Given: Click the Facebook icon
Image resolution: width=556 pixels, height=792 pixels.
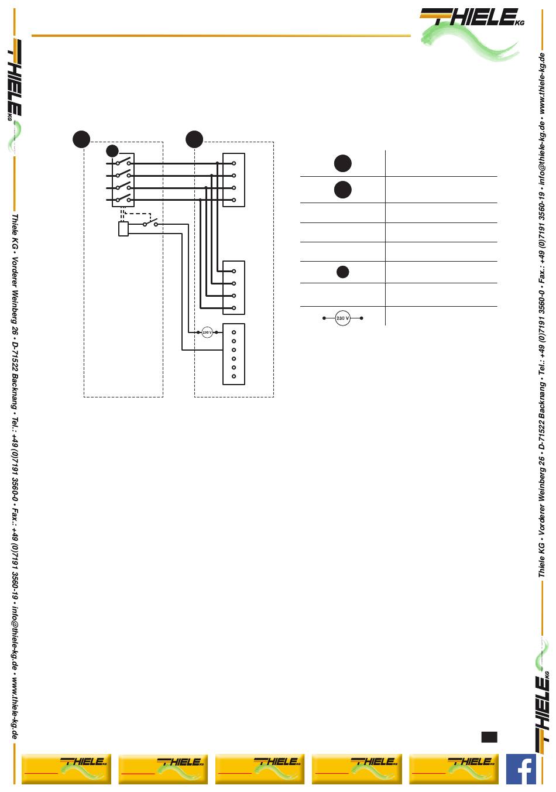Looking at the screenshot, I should click(521, 769).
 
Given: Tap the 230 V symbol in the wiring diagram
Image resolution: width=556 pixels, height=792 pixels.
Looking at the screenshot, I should click(207, 332).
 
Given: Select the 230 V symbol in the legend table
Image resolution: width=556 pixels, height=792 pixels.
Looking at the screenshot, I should click(342, 318).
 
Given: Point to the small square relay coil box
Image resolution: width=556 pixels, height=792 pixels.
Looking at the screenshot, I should click(123, 229).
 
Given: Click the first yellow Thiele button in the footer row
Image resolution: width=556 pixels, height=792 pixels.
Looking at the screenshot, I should click(66, 769).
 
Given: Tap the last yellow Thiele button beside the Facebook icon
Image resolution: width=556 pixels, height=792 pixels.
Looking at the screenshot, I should click(453, 769).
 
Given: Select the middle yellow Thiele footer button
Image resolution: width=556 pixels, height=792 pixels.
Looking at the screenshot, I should click(259, 769).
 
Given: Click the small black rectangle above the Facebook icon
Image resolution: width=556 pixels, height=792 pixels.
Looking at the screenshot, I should click(489, 736).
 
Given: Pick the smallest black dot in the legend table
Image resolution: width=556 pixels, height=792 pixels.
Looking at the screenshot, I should click(343, 272).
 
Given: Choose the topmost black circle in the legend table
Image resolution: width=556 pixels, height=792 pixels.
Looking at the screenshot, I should click(343, 163).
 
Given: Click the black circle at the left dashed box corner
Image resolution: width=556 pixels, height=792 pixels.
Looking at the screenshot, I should click(81, 139).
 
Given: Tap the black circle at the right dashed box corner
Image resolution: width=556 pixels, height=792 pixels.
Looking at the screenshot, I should click(194, 139).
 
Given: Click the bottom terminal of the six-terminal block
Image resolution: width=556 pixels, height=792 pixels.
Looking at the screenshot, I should click(234, 376).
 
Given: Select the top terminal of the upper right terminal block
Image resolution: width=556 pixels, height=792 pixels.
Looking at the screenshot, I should click(234, 163).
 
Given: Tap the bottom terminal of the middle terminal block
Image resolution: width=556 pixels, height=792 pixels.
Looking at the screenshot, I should click(234, 308).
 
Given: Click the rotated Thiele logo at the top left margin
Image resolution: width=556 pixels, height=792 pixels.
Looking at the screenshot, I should click(15, 79).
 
